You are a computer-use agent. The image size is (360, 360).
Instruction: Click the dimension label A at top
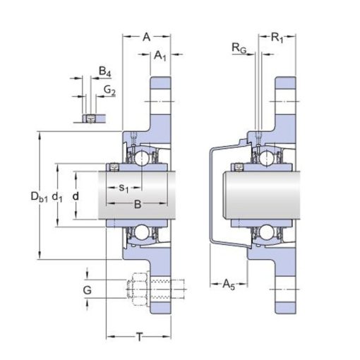click(x=146, y=37)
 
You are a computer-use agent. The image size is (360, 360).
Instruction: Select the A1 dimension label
click(x=160, y=56)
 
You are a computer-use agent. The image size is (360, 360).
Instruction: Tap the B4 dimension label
click(x=104, y=71)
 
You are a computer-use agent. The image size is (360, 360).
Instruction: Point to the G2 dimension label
click(x=109, y=90)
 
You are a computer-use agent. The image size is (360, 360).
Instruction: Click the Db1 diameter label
click(x=39, y=197)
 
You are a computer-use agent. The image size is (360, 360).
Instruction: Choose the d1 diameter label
click(x=57, y=197)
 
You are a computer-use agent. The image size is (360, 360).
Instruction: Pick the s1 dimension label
click(x=124, y=188)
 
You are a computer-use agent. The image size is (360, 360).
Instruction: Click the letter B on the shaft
click(x=138, y=204)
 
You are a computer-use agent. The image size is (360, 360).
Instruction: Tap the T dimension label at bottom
click(x=140, y=337)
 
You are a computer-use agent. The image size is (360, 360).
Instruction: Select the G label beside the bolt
click(x=88, y=290)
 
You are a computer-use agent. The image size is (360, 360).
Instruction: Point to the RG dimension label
click(x=239, y=48)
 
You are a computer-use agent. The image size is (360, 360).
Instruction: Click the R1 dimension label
click(x=277, y=37)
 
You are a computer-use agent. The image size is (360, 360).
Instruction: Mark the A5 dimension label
click(x=229, y=284)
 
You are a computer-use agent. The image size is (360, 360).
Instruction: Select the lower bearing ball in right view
click(x=267, y=232)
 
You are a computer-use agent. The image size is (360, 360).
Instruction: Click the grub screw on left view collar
click(x=114, y=167)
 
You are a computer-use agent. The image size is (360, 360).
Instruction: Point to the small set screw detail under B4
click(x=90, y=119)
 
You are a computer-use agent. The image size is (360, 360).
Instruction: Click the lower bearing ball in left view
click(x=142, y=232)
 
